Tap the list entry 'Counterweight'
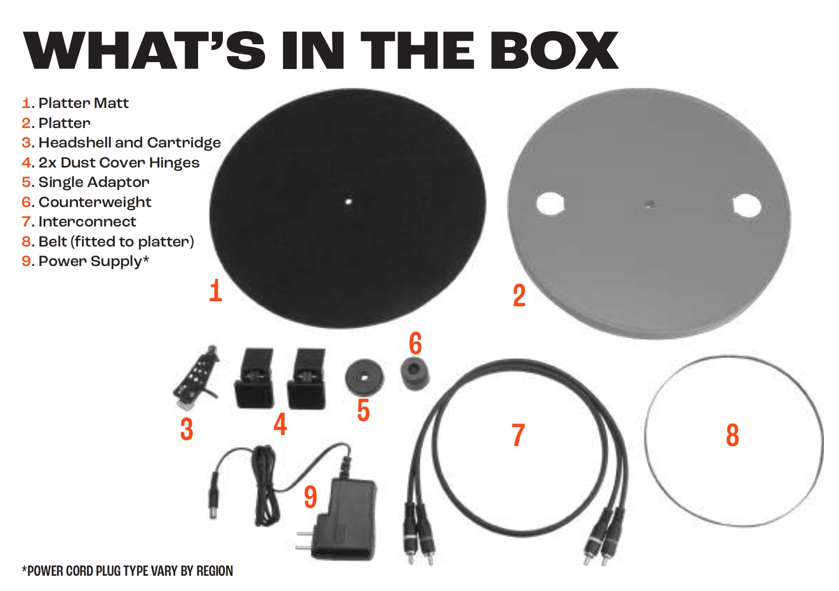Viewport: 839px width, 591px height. pos(86,202)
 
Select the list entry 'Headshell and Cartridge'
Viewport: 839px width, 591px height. pos(121,143)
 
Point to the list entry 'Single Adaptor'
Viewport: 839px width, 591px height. pos(86,182)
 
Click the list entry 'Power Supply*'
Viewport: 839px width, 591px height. pos(85,261)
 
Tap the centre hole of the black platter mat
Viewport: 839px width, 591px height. pos(348,201)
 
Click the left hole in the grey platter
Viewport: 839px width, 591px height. pos(550,203)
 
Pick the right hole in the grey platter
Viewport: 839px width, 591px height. pos(746,205)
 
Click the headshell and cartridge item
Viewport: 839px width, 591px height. pos(196,377)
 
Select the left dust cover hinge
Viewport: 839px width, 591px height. pos(254,378)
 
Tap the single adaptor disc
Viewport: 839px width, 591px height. pos(365,377)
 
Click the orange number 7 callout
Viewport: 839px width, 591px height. pos(518,435)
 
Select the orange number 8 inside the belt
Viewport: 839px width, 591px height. pos(732,435)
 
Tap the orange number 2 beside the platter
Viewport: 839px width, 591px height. pos(519,295)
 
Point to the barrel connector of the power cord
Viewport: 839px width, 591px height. pos(213,496)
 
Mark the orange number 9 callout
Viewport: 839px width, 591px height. pos(310,497)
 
